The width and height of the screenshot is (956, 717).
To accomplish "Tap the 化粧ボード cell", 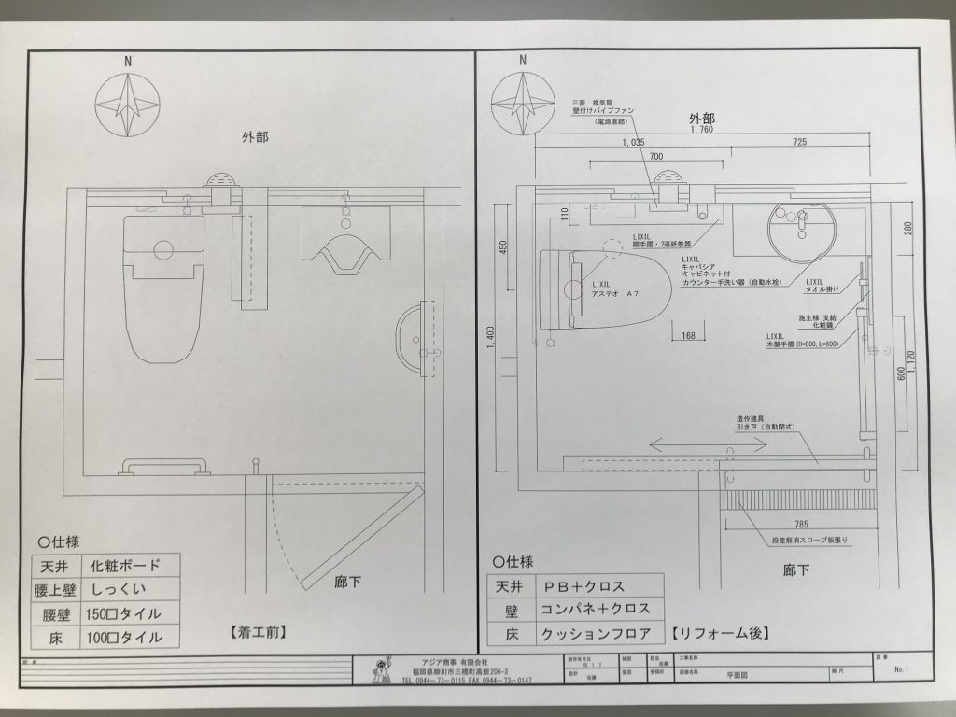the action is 126,566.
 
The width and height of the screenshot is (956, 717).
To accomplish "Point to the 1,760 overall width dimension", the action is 701,132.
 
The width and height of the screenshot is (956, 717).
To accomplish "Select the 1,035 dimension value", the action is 633,142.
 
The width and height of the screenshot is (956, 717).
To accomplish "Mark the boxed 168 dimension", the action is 688,335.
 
